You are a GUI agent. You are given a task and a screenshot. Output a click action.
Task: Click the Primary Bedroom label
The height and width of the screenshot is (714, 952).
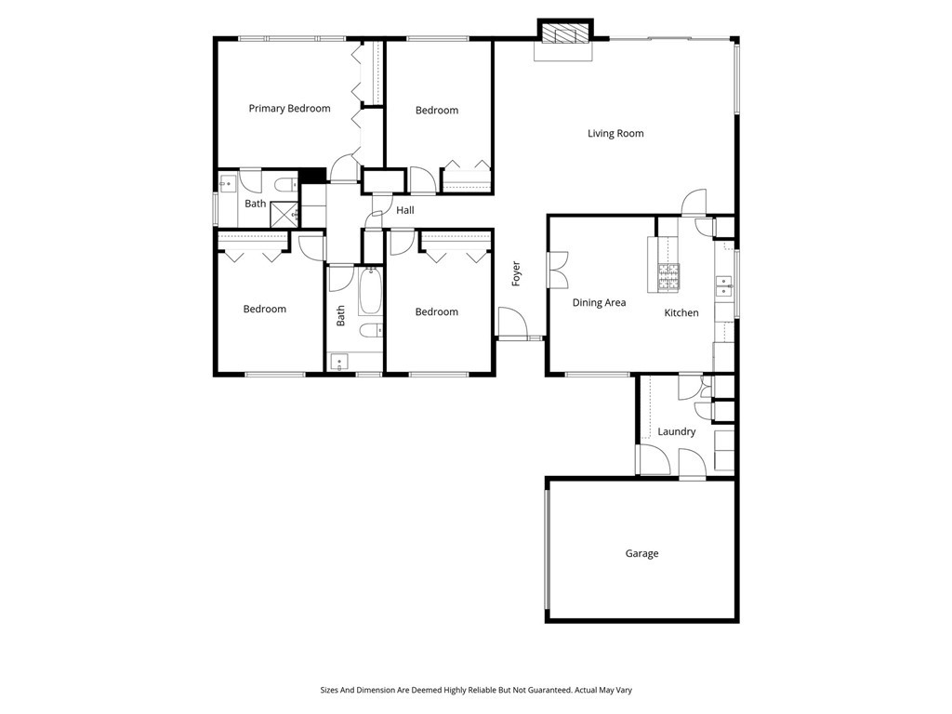point(289,109)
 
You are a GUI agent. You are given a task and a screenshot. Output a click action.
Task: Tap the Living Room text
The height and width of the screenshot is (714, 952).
point(615,134)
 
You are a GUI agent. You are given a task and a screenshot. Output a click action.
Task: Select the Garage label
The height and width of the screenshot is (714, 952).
point(641,554)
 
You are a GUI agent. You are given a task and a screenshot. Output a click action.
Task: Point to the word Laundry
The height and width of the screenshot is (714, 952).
point(676,432)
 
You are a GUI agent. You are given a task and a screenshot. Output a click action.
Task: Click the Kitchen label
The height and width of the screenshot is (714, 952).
point(681,313)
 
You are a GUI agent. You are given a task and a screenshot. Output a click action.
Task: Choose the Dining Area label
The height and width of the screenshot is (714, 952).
point(599,303)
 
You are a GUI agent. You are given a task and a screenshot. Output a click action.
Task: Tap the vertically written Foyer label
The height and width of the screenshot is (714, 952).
point(516,272)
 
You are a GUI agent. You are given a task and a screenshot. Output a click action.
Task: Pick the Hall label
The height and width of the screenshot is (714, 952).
point(404,211)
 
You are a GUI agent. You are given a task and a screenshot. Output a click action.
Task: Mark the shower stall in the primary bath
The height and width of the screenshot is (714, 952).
point(284,214)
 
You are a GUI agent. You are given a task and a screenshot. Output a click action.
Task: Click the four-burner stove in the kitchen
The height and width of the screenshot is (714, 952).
point(668,274)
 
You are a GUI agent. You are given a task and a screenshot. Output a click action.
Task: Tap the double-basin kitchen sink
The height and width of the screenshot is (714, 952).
point(723,286)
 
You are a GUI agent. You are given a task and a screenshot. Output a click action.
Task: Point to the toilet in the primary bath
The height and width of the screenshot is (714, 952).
point(286,182)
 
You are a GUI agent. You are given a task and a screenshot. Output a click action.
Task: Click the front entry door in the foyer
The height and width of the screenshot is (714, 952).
point(512,323)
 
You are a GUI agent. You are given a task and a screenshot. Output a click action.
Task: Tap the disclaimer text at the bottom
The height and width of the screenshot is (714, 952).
point(475,690)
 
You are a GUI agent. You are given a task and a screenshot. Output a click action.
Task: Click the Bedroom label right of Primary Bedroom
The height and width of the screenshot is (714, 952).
point(436,111)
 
